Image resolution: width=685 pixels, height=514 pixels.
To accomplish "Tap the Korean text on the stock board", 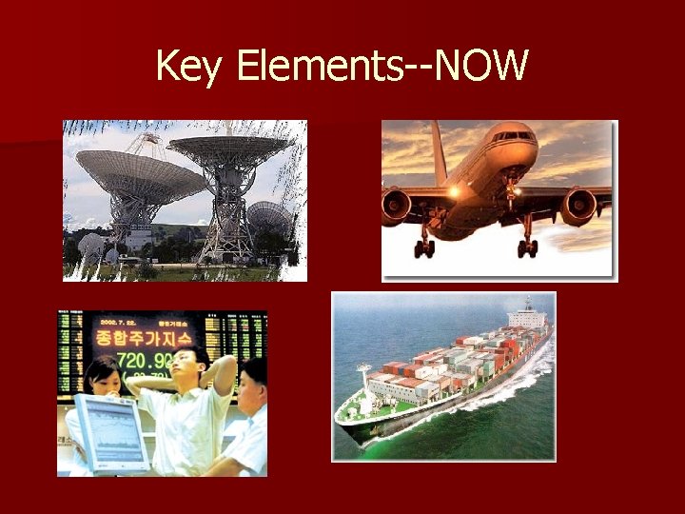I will pos(144,337).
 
